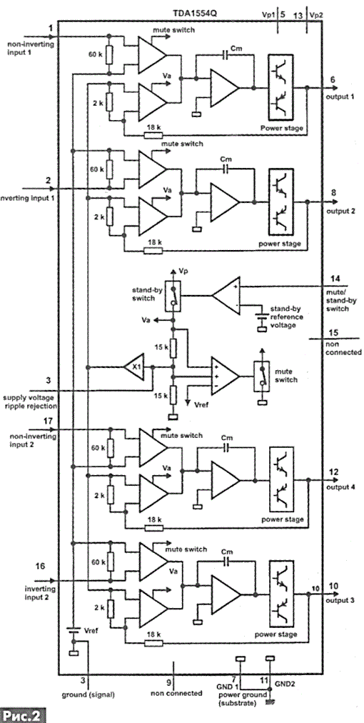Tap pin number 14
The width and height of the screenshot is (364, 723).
click(x=334, y=279)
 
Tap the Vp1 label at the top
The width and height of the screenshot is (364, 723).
click(x=268, y=14)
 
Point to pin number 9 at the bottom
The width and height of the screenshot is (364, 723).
click(x=169, y=682)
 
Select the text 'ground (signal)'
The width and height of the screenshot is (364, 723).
click(x=88, y=694)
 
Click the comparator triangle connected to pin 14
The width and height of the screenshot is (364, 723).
click(x=226, y=295)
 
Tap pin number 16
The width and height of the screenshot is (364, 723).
click(x=40, y=566)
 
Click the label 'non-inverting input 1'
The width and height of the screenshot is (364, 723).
click(x=30, y=48)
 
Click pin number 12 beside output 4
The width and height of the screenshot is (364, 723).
click(x=334, y=472)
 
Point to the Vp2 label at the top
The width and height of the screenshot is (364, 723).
click(x=317, y=15)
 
